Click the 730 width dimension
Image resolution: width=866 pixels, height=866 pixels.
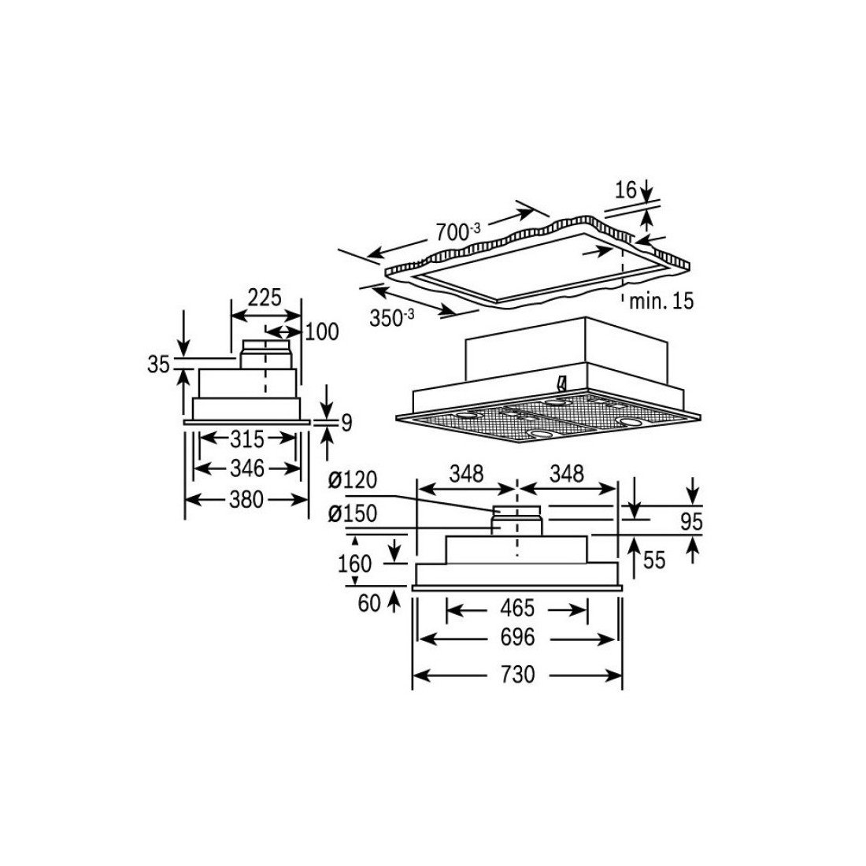[x=517, y=675]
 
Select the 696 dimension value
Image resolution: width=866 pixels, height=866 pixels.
[x=517, y=637]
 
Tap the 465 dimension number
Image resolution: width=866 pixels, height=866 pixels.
[x=517, y=609]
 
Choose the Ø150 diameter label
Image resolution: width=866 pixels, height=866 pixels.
[x=353, y=514]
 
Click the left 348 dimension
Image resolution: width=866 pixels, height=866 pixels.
[x=466, y=474]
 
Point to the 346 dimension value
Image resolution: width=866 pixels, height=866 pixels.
[x=247, y=469]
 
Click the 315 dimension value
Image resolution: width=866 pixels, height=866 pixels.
[x=247, y=438]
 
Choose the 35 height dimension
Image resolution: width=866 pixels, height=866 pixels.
[x=158, y=366]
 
